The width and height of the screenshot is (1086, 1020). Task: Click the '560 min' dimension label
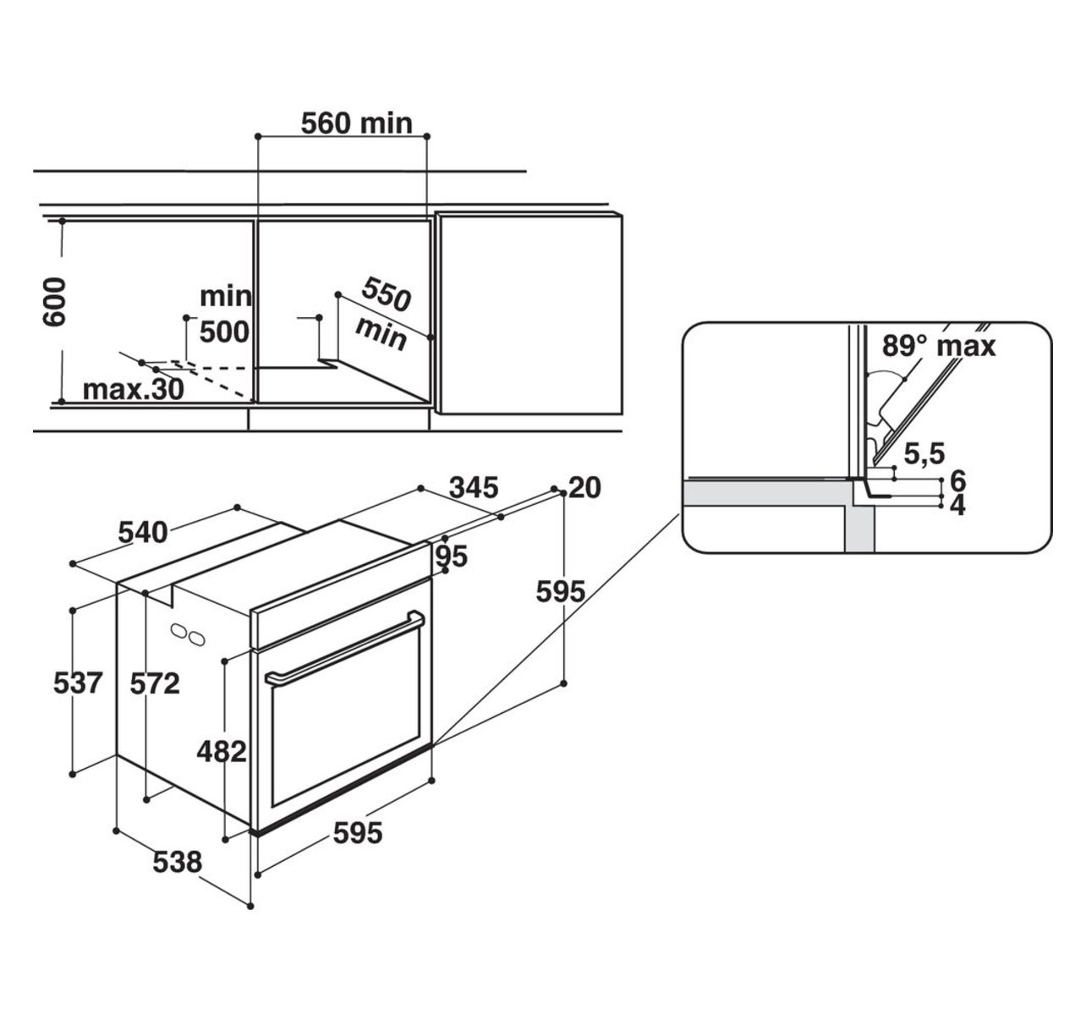click(x=357, y=123)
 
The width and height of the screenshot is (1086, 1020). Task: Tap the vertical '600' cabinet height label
click(x=55, y=302)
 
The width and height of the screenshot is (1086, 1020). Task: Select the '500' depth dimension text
click(x=224, y=332)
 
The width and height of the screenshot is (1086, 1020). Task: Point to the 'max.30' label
click(x=134, y=389)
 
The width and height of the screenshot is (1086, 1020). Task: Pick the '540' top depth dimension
click(x=143, y=533)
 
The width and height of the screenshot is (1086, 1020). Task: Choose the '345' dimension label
click(x=474, y=488)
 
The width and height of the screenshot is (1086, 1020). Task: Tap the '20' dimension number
click(x=584, y=488)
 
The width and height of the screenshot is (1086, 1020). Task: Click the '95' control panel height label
click(x=452, y=557)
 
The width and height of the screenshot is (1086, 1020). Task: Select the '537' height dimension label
click(x=78, y=683)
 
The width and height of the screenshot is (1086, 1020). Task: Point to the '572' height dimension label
click(x=155, y=684)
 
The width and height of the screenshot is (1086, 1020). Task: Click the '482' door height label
click(x=222, y=752)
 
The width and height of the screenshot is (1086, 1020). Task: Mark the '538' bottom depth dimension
click(x=177, y=863)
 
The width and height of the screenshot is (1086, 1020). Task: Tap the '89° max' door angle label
click(x=938, y=346)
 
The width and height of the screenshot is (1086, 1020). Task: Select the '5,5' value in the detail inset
click(x=924, y=454)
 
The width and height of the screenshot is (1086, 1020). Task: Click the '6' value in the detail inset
click(x=958, y=480)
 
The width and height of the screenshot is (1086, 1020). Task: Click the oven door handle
click(x=344, y=648)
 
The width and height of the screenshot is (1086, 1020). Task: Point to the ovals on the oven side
click(x=188, y=635)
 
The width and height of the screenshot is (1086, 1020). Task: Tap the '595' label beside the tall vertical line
click(x=561, y=592)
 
